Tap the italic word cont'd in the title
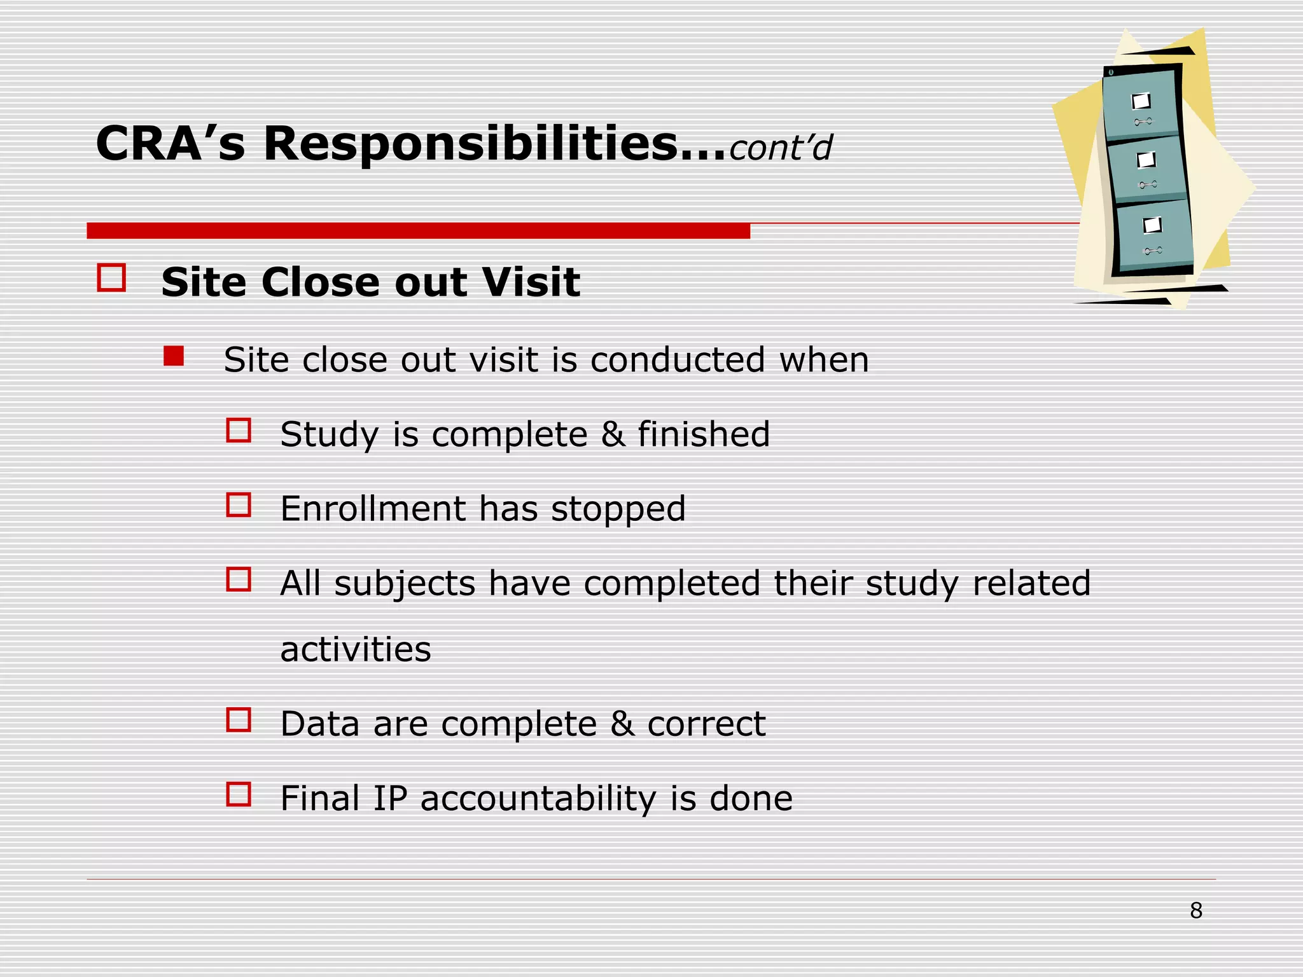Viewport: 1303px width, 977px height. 780,148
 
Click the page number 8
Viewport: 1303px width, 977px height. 1195,911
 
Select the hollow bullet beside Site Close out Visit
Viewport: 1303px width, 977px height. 111,279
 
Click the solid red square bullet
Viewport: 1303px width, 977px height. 173,356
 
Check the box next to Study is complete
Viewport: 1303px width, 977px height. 239,431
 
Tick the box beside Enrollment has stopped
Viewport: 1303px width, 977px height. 239,505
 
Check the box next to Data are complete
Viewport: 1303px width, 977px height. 239,720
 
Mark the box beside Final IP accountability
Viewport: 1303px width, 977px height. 239,794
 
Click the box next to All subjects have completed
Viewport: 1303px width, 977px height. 239,579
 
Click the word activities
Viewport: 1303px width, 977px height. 355,649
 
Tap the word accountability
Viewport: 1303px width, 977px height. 538,799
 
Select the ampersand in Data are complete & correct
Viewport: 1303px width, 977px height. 622,724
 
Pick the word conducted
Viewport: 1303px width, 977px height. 677,360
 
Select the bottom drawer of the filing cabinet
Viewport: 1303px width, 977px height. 1153,234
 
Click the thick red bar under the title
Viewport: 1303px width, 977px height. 418,230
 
